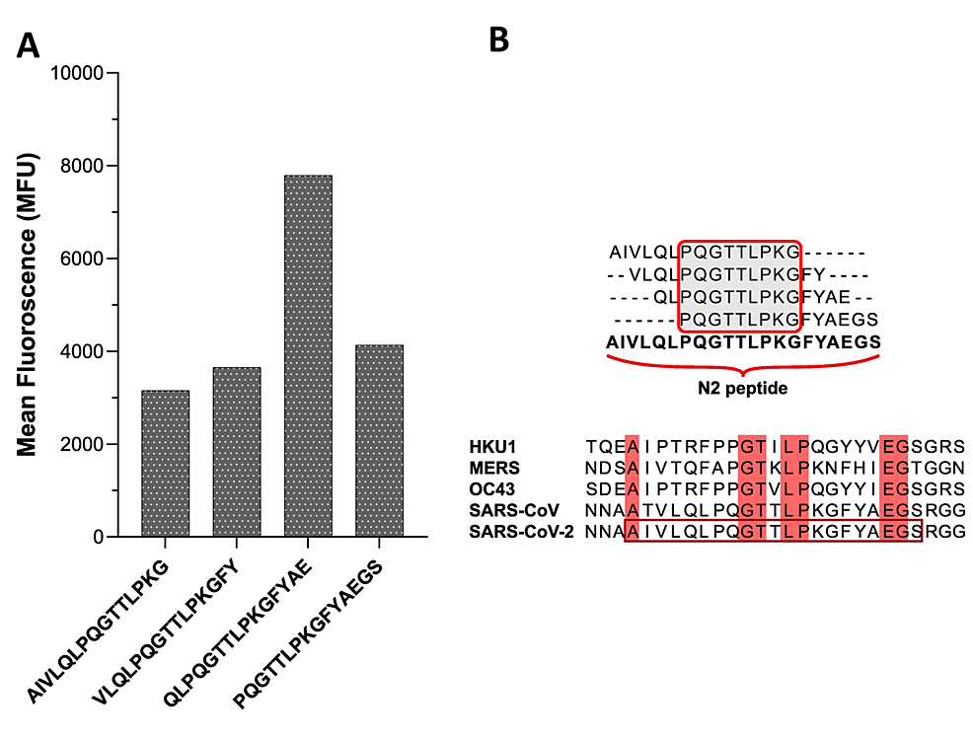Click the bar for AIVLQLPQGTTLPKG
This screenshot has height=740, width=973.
click(166, 464)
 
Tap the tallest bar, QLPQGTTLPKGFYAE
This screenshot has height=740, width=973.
click(308, 356)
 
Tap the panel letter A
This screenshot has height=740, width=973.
click(29, 45)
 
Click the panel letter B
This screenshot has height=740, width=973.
click(499, 38)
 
